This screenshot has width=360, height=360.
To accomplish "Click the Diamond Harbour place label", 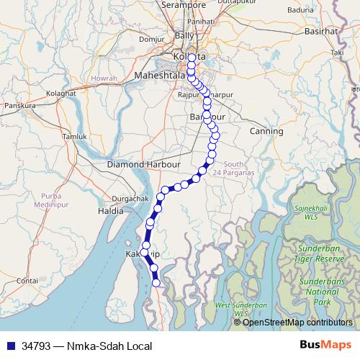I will [x=143, y=164].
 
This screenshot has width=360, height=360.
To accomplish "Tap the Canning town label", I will [x=266, y=131].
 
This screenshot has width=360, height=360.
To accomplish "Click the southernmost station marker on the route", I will [x=157, y=283].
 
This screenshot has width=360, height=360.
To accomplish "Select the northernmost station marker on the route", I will [x=192, y=58].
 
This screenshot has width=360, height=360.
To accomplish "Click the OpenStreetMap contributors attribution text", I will [x=297, y=322].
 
